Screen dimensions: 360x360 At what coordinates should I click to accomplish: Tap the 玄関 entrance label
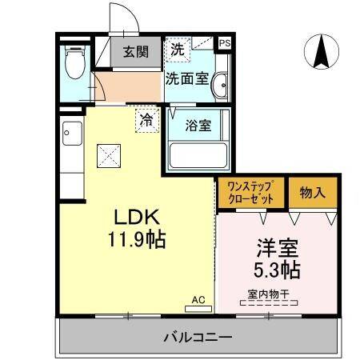click(x=135, y=53)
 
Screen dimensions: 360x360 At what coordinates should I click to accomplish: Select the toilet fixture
click(x=74, y=63)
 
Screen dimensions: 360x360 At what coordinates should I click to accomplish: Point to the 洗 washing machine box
click(x=178, y=50)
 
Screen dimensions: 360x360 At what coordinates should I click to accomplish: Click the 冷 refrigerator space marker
click(x=146, y=121)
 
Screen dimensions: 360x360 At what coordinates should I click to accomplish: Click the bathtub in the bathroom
click(x=197, y=152)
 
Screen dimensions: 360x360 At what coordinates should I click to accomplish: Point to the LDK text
click(x=136, y=218)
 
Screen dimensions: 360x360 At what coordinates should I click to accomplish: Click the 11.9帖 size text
click(x=136, y=239)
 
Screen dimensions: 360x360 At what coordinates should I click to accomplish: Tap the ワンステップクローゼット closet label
click(x=250, y=193)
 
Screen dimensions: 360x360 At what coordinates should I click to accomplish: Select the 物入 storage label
click(x=313, y=192)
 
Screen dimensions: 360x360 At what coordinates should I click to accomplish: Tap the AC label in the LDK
click(x=198, y=299)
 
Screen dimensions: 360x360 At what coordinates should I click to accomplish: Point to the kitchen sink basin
click(x=69, y=130)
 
